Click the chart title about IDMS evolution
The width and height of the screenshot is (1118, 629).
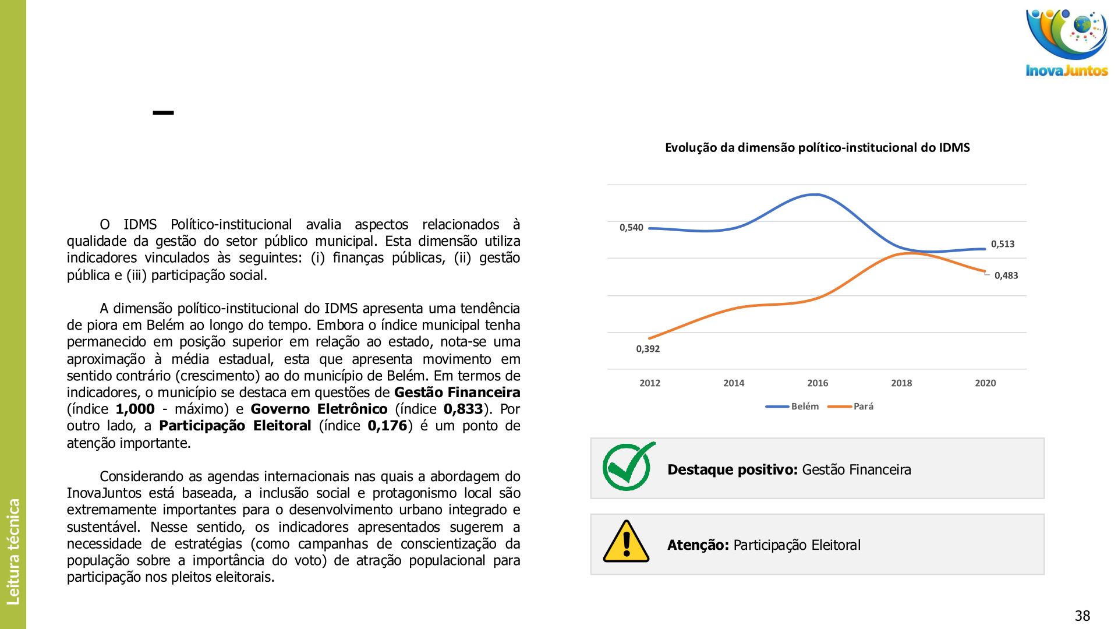point(817,148)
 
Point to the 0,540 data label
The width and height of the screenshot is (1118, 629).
point(631,228)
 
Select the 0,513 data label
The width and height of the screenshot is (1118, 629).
point(1003,244)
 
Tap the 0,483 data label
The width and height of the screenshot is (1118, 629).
point(1006,275)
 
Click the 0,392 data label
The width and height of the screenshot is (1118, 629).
point(648,349)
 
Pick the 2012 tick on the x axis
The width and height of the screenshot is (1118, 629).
point(650,383)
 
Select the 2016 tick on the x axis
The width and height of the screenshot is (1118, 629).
point(818,383)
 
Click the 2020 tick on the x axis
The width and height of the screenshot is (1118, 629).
point(985,383)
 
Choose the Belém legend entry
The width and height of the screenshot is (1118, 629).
point(804,407)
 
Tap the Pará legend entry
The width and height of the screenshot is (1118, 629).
point(863,407)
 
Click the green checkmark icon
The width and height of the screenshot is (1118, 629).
point(628,467)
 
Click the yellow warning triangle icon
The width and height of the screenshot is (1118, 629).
point(626,542)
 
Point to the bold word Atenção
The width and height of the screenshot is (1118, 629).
point(698,545)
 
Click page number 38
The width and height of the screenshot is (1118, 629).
point(1082,616)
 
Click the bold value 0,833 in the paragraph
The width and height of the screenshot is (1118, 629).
point(463,409)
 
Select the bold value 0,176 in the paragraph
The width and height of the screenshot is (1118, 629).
point(387,426)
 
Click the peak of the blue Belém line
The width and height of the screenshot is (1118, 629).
point(817,195)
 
